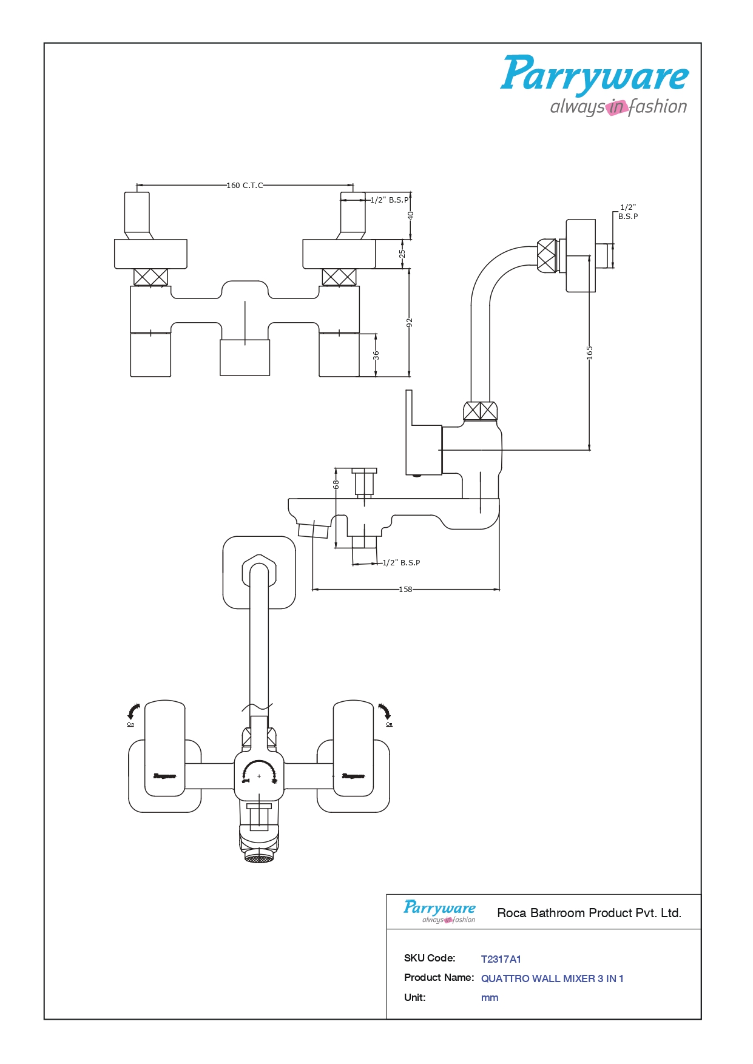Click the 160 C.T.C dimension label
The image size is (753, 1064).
245,186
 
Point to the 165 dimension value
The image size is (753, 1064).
589,352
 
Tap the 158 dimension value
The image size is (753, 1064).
405,590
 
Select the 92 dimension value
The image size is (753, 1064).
410,322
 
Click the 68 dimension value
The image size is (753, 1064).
336,485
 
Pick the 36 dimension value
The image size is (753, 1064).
376,355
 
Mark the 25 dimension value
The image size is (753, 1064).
402,254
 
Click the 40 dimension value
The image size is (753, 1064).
411,216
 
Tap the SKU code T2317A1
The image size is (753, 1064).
501,959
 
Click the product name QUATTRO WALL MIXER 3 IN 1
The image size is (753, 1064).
552,978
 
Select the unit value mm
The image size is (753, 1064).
489,998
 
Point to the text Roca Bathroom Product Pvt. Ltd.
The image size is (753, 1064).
589,913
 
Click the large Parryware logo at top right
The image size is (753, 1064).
594,85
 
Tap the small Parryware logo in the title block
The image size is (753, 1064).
439,911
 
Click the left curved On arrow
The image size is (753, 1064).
133,712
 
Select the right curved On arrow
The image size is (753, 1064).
385,712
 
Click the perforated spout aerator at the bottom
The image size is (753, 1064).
259,858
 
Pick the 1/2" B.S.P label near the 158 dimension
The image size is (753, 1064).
401,563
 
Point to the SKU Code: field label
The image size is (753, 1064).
429,958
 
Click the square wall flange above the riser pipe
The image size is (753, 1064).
259,572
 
